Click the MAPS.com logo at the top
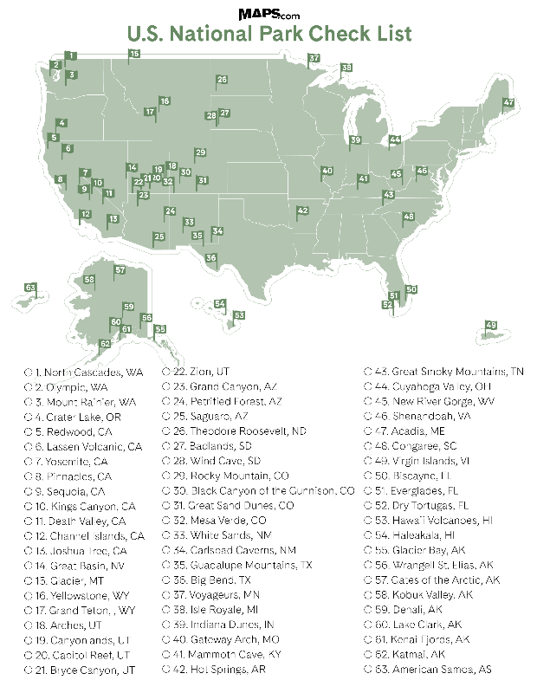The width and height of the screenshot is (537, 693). tap(268, 15)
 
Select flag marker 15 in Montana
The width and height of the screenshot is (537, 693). tap(133, 55)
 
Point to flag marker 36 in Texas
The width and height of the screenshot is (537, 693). tap(211, 257)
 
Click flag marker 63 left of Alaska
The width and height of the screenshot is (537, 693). tap(30, 288)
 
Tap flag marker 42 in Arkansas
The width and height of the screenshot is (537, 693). tap(302, 210)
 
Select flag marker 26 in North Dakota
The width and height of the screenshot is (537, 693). tap(222, 80)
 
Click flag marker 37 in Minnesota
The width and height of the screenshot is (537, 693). tap(314, 59)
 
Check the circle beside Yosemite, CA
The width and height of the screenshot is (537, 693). tap(29, 463)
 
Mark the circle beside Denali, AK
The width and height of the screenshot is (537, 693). tap(369, 609)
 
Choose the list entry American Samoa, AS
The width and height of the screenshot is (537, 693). tap(442, 669)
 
